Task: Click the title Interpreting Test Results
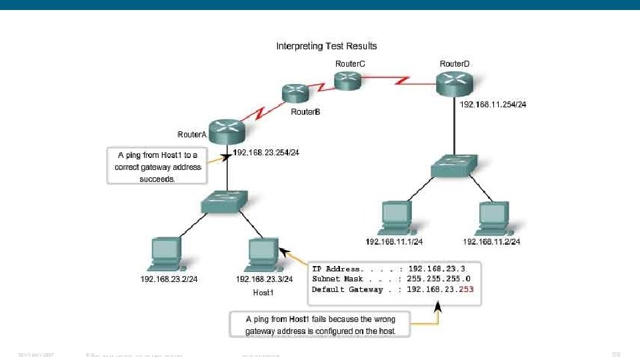coord(327,46)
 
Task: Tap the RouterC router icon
coord(347,81)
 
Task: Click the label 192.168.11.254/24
coord(493,105)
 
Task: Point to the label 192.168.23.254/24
coord(266,153)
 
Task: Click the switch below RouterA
coord(227,200)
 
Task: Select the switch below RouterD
coord(455,165)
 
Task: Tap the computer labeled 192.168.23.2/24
coord(166,251)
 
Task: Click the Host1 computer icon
coord(261,251)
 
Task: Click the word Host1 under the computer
coord(263,293)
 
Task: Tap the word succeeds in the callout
coord(157,178)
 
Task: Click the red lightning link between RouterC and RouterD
coord(403,81)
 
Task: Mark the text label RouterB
coord(305,112)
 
